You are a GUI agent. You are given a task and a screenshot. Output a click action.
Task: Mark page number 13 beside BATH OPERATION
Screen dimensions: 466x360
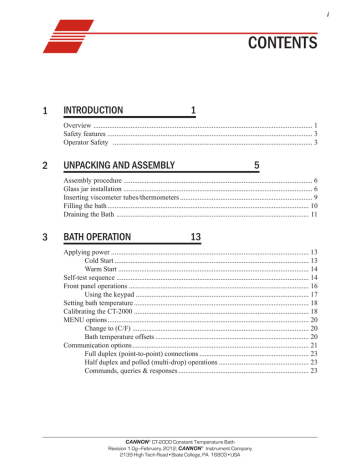195,237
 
